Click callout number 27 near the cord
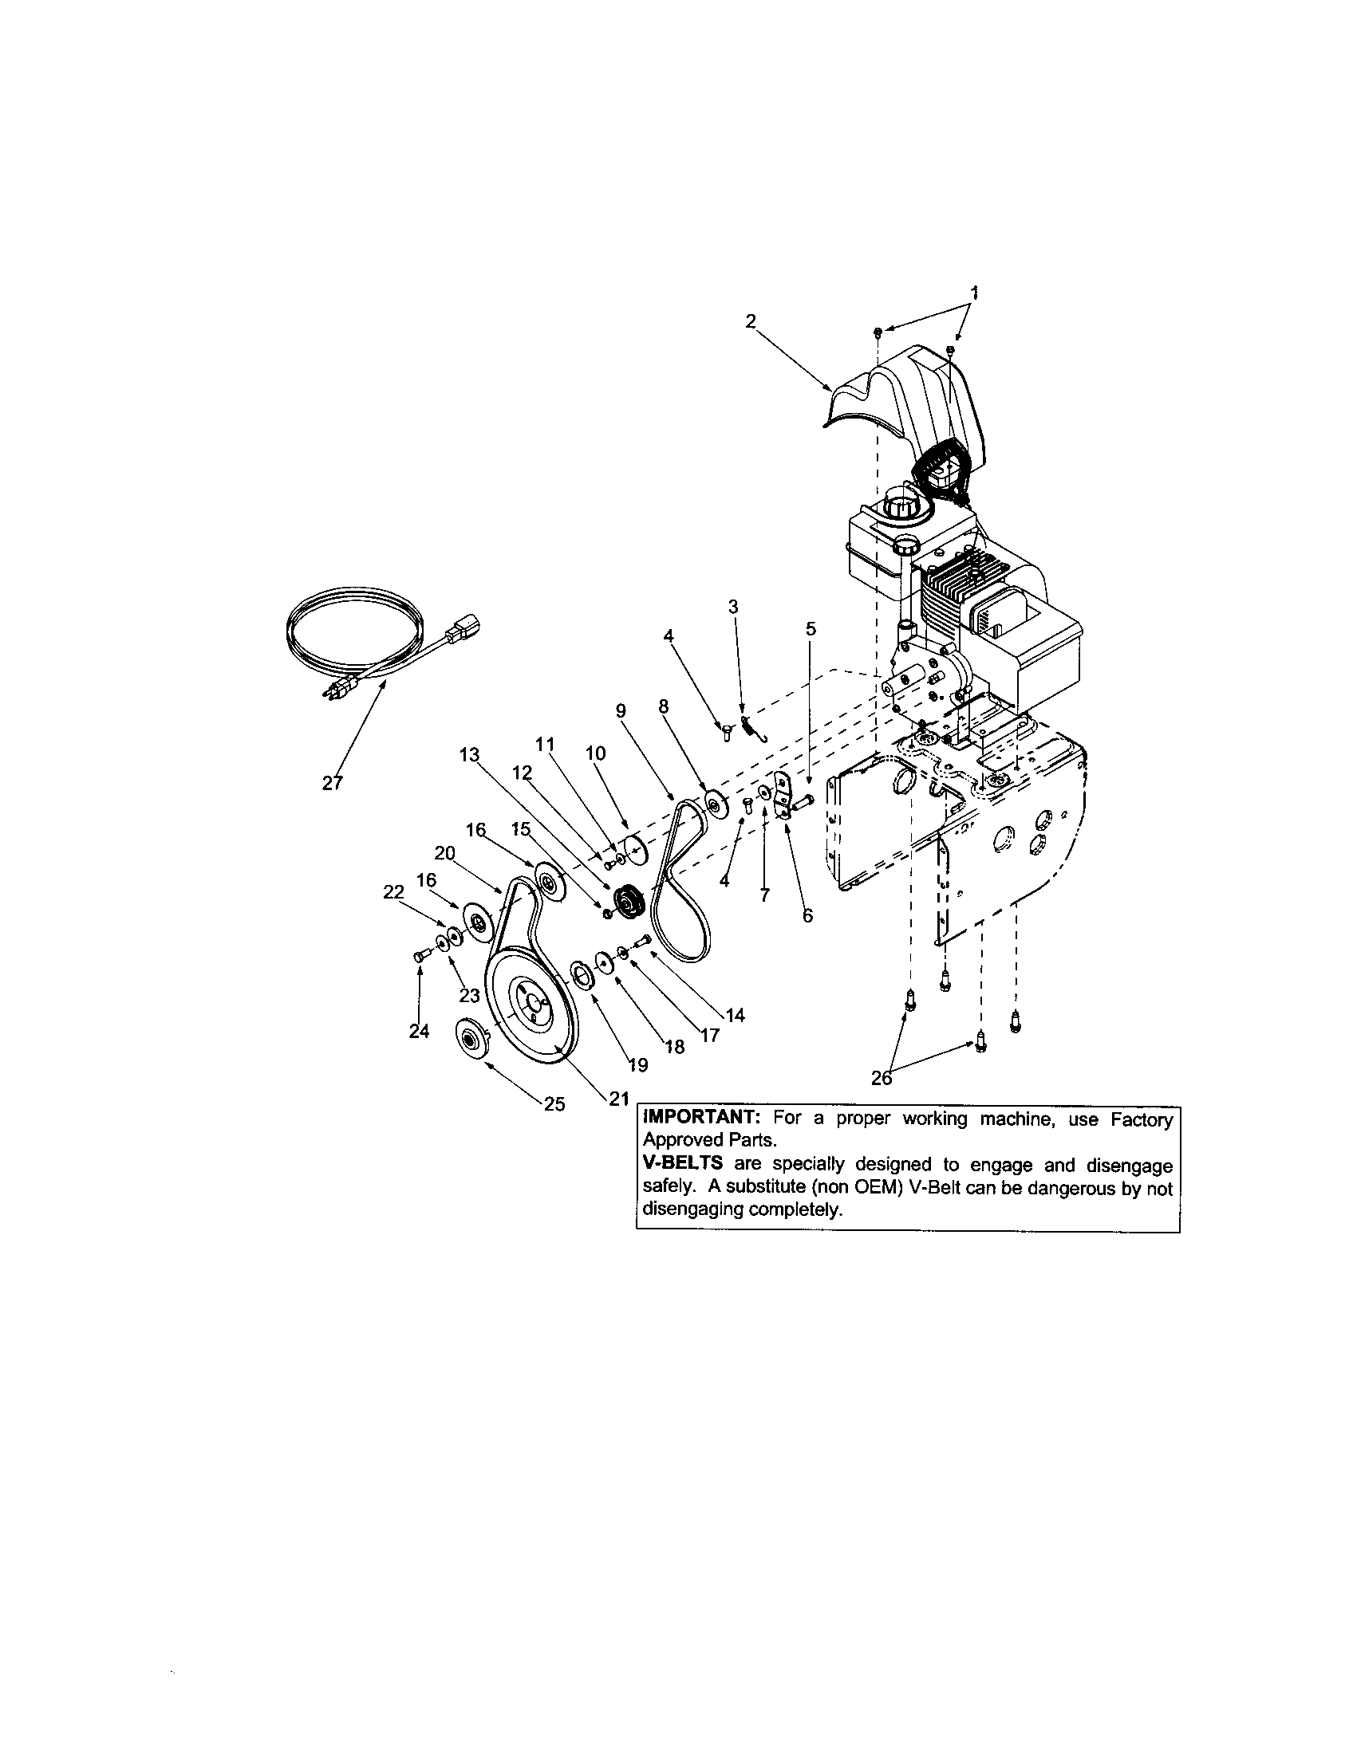pos(332,783)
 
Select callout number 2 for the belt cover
pos(751,321)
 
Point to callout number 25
pos(554,1104)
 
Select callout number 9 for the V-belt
pos(619,710)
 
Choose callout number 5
pos(811,629)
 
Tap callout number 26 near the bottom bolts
pos(882,1079)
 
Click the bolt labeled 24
pos(418,955)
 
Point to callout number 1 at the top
pos(976,293)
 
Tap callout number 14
pos(735,1015)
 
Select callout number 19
pos(638,1065)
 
